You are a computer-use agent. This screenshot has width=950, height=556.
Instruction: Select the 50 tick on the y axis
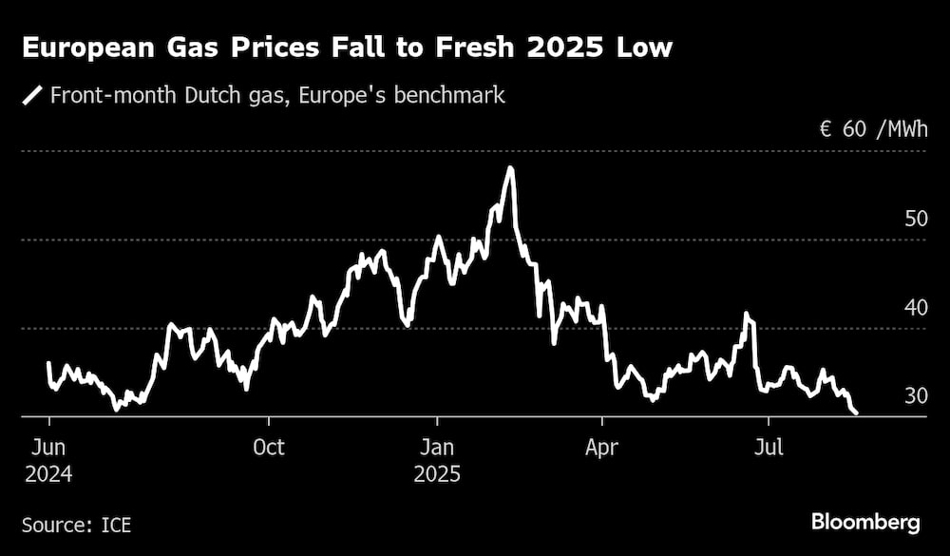[916, 219]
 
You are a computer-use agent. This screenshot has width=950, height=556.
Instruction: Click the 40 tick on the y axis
[916, 307]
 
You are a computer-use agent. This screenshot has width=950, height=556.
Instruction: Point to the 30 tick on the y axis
[916, 395]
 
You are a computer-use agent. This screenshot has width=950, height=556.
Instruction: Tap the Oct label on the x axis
[269, 447]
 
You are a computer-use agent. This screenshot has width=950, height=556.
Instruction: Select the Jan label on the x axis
[437, 447]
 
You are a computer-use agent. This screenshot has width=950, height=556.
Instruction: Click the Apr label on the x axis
[602, 447]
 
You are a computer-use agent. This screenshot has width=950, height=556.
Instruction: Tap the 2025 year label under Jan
[437, 473]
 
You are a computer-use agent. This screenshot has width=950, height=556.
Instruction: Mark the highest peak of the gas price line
[511, 168]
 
